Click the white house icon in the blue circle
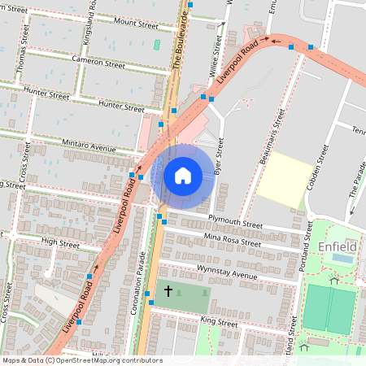click(183, 175)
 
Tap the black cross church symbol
click(169, 291)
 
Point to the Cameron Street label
click(98, 63)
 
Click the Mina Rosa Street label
click(233, 239)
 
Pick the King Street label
click(218, 323)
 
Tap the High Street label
click(59, 243)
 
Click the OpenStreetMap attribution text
click(82, 360)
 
